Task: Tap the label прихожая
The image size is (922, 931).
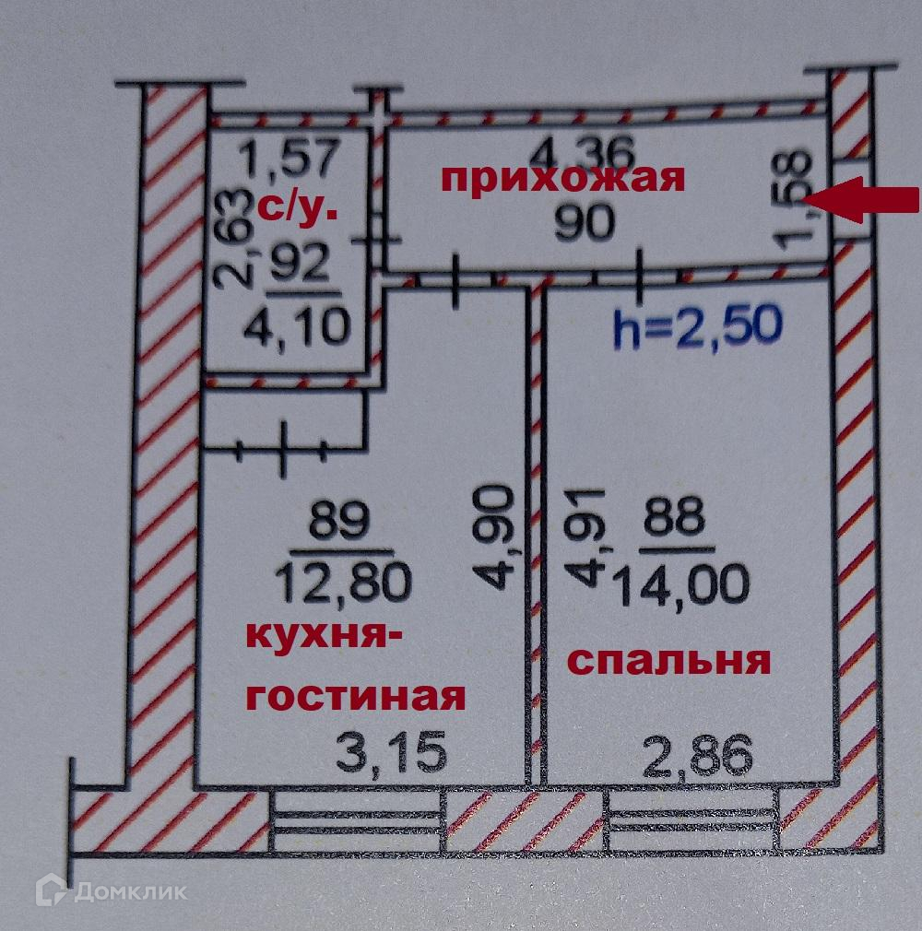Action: (562, 177)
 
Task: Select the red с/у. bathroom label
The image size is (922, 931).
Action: (297, 206)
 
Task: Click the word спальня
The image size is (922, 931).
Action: (668, 661)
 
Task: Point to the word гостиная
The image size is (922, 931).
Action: (355, 696)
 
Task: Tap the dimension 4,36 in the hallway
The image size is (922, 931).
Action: (572, 147)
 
